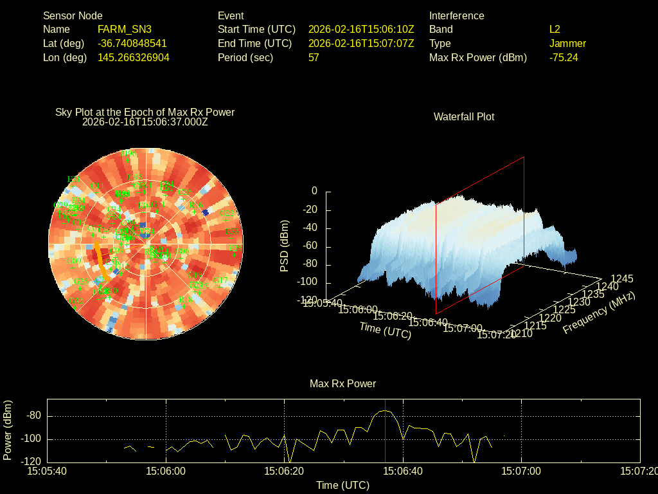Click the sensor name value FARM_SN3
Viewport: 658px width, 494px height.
click(125, 30)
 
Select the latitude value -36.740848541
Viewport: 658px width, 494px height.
click(132, 44)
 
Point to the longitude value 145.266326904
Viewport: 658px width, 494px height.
click(134, 58)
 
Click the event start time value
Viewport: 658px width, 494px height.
click(361, 30)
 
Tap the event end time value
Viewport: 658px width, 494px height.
click(361, 44)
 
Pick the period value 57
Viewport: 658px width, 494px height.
click(314, 58)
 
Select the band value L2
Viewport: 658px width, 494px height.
click(555, 30)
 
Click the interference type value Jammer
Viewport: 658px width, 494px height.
click(567, 44)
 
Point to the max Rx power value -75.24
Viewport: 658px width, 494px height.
click(564, 58)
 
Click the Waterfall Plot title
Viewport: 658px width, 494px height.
click(464, 117)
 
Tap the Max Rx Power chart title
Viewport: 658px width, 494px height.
click(342, 384)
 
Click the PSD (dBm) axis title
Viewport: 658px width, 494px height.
click(285, 246)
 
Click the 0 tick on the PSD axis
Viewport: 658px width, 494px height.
click(314, 192)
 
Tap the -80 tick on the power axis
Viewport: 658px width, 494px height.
click(34, 416)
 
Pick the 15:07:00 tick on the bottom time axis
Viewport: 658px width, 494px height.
click(521, 471)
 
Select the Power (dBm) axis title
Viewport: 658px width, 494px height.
click(8, 430)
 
